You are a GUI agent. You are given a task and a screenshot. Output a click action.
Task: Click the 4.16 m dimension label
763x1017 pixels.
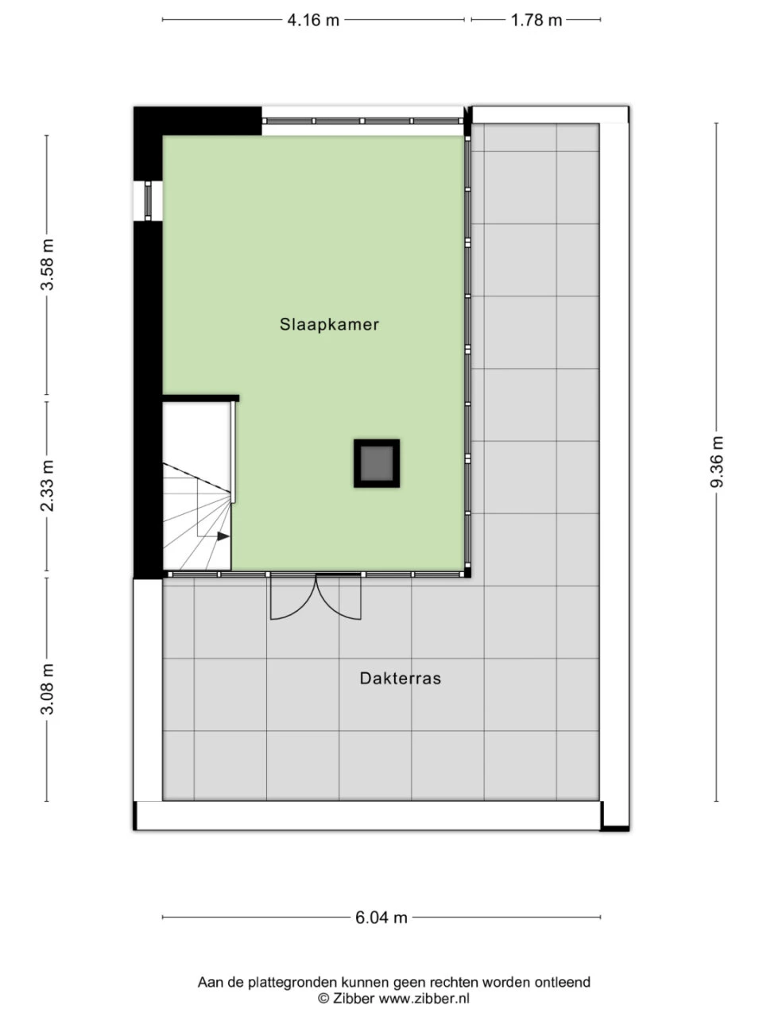point(313,20)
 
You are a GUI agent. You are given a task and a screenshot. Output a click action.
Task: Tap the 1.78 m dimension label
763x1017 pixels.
point(536,20)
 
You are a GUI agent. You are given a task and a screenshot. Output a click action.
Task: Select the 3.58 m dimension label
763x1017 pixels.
point(48,265)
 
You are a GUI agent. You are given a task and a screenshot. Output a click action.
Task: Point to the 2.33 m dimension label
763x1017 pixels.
point(48,485)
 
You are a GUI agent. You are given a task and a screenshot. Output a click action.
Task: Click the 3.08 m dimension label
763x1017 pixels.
point(48,689)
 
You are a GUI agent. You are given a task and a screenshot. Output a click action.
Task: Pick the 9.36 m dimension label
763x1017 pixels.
point(717,462)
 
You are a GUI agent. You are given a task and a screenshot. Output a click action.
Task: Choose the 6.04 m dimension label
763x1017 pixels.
point(381,918)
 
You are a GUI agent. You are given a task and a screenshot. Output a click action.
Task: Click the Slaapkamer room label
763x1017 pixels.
point(329,324)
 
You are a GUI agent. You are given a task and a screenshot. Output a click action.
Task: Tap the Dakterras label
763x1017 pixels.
point(401,679)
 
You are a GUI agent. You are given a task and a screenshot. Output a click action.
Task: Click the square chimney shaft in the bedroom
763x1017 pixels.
point(376,463)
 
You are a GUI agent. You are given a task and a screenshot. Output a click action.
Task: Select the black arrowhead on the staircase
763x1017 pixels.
point(223,537)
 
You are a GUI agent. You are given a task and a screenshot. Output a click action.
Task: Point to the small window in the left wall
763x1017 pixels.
point(148,200)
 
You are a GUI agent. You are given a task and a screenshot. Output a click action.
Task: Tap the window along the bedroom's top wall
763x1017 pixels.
point(362,121)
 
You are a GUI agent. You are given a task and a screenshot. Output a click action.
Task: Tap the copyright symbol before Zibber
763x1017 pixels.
point(323,998)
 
